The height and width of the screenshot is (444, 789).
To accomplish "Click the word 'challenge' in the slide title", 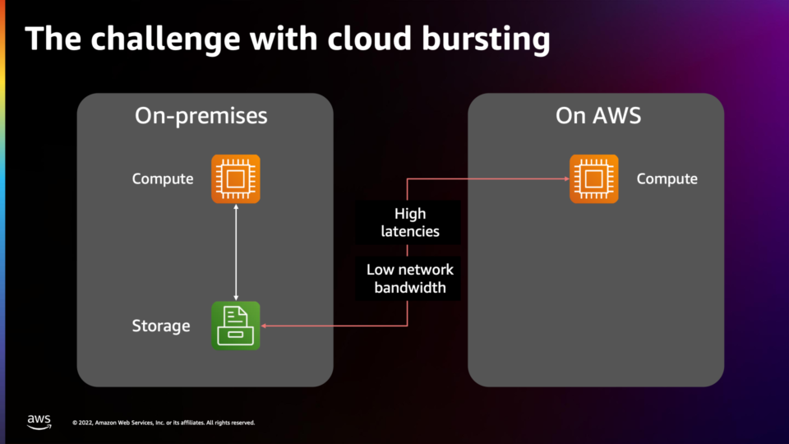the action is (165, 39).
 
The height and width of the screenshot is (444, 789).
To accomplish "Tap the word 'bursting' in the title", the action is (486, 39).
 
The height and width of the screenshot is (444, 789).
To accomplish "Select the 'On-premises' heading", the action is (201, 116).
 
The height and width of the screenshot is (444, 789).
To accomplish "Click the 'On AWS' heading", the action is (598, 115).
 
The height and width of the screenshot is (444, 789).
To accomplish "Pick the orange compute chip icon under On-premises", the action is (236, 178).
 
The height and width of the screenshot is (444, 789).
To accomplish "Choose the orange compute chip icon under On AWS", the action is (593, 178).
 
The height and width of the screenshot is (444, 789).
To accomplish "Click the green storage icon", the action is (236, 326).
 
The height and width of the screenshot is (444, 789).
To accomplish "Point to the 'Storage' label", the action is (161, 326).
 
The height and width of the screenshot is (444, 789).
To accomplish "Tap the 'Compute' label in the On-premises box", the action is (163, 178).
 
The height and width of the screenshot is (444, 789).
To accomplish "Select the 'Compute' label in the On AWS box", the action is (667, 178).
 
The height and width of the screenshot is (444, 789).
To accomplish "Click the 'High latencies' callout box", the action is (408, 223).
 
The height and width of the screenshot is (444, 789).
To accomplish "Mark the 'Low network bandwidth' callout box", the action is (408, 279).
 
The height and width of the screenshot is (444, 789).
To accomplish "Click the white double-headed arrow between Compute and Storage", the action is (236, 252).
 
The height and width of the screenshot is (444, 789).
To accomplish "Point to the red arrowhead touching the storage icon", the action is (264, 326).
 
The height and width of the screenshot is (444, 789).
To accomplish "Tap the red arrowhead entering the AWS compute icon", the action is (566, 178).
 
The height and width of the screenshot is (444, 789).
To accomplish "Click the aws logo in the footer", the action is (39, 422).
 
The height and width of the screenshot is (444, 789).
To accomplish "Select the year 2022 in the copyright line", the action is (85, 423).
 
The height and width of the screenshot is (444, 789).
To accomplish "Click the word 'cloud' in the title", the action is (370, 39).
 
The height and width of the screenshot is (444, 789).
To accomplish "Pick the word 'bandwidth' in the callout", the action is (410, 288).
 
